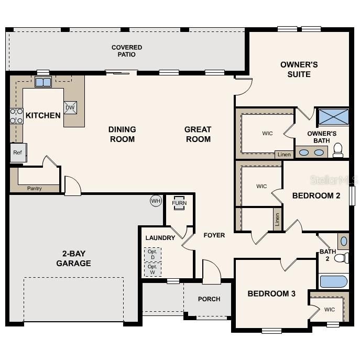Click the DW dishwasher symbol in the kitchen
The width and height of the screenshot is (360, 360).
click(x=70, y=107)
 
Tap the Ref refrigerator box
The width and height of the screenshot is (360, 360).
click(x=17, y=152)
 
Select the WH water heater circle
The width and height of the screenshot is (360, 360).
click(x=156, y=201)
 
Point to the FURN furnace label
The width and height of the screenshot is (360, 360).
click(x=179, y=203)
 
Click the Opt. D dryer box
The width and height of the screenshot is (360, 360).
click(x=152, y=254)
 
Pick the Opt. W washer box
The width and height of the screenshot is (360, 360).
click(x=152, y=269)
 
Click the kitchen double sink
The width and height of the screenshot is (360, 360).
click(x=43, y=82)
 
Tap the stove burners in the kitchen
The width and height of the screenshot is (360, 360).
click(x=16, y=116)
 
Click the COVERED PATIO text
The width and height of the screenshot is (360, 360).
click(x=127, y=51)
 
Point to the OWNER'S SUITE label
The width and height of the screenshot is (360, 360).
click(x=299, y=69)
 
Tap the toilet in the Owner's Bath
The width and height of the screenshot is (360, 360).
click(x=338, y=150)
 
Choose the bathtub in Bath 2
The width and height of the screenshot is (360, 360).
click(x=334, y=281)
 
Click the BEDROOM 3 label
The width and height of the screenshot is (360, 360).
click(x=271, y=293)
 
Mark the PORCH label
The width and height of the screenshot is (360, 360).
click(x=209, y=299)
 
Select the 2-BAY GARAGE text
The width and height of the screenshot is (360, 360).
click(x=73, y=258)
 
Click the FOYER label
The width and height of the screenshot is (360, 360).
click(x=214, y=235)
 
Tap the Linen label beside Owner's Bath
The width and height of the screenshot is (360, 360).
click(x=283, y=155)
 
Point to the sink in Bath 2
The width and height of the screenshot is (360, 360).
click(x=343, y=242)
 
